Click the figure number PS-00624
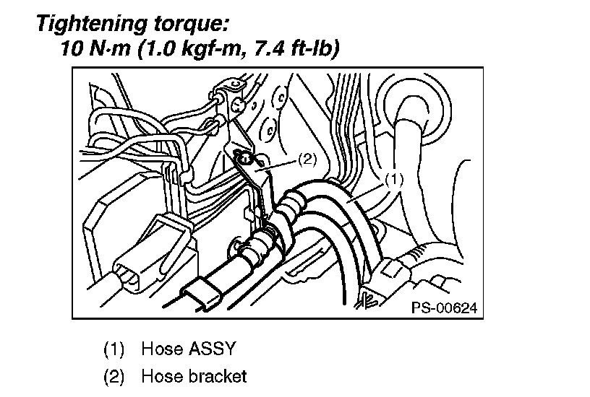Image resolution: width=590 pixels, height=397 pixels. (444, 307)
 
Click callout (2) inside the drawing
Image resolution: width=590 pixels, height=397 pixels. (307, 160)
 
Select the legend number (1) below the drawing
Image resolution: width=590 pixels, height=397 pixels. (116, 349)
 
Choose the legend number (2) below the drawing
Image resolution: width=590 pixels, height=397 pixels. (116, 376)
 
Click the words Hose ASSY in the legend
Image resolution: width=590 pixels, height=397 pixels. (189, 349)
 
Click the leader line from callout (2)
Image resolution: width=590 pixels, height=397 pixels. (278, 165)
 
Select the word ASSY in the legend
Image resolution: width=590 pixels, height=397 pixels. (212, 349)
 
